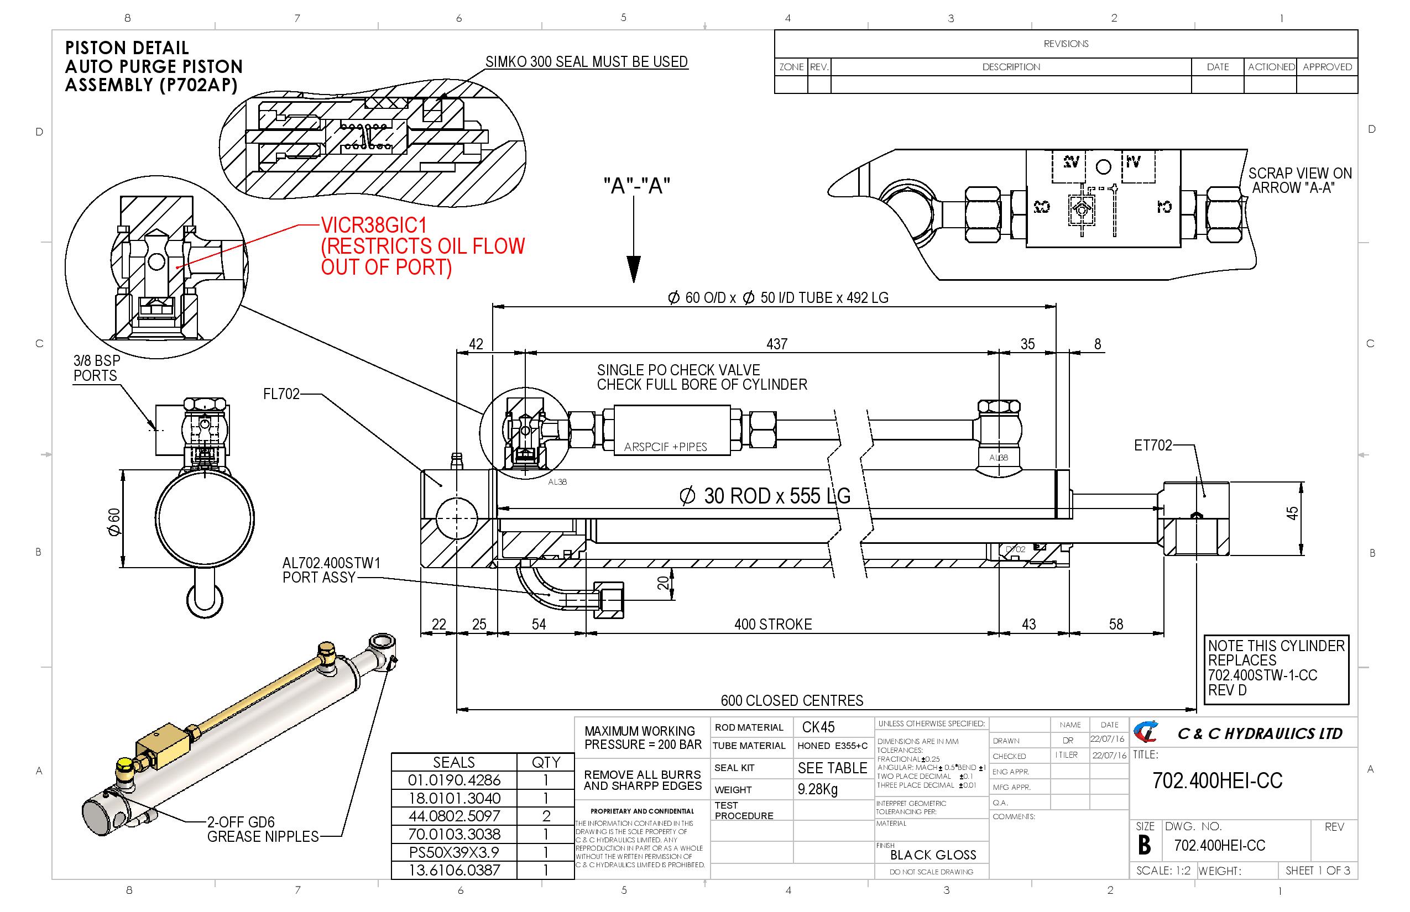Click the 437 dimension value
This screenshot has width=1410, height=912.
coord(777,344)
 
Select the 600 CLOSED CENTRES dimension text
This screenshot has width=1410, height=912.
coord(791,701)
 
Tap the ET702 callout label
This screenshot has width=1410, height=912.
coord(1152,445)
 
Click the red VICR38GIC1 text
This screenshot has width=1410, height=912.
coord(374,226)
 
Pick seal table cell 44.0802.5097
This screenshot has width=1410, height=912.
coord(454,816)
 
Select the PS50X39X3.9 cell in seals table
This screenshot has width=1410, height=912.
coord(454,852)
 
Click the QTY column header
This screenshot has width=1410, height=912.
coord(545,762)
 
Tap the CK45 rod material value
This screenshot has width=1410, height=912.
coord(818,727)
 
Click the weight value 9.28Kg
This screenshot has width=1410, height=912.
coord(817,789)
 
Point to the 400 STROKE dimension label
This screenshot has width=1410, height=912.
coord(772,624)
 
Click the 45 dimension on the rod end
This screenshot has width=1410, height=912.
coord(1292,513)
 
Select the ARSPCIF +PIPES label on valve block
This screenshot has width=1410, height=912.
coord(665,447)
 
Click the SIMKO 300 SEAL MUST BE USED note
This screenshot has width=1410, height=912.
coord(586,61)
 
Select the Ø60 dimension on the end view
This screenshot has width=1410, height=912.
coord(114,521)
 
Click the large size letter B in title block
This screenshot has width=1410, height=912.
coord(1145,845)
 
